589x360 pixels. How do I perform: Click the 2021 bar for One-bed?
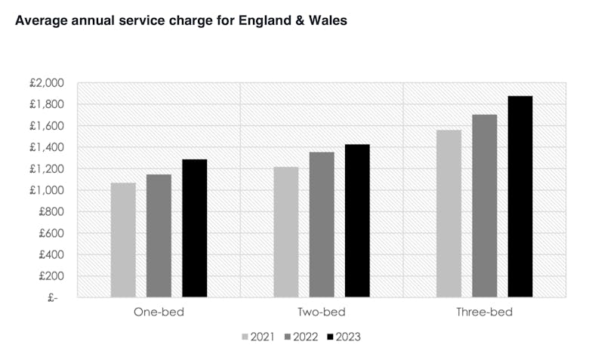pyautogui.click(x=123, y=240)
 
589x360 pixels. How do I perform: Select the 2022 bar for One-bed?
pyautogui.click(x=159, y=235)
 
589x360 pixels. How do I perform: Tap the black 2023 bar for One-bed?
pyautogui.click(x=194, y=228)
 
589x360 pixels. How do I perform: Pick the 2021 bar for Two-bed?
pyautogui.click(x=286, y=232)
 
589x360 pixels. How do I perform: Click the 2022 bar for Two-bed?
pyautogui.click(x=322, y=224)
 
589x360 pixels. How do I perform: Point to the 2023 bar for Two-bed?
pyautogui.click(x=357, y=220)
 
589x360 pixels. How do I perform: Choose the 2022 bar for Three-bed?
pyautogui.click(x=485, y=205)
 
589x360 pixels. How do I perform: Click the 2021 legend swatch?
pyautogui.click(x=245, y=337)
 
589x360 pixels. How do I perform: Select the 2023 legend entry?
pyautogui.click(x=343, y=337)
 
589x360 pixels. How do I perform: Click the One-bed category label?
pyautogui.click(x=159, y=312)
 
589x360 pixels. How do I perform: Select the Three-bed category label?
pyautogui.click(x=484, y=312)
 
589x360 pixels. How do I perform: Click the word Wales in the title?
pyautogui.click(x=327, y=21)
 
